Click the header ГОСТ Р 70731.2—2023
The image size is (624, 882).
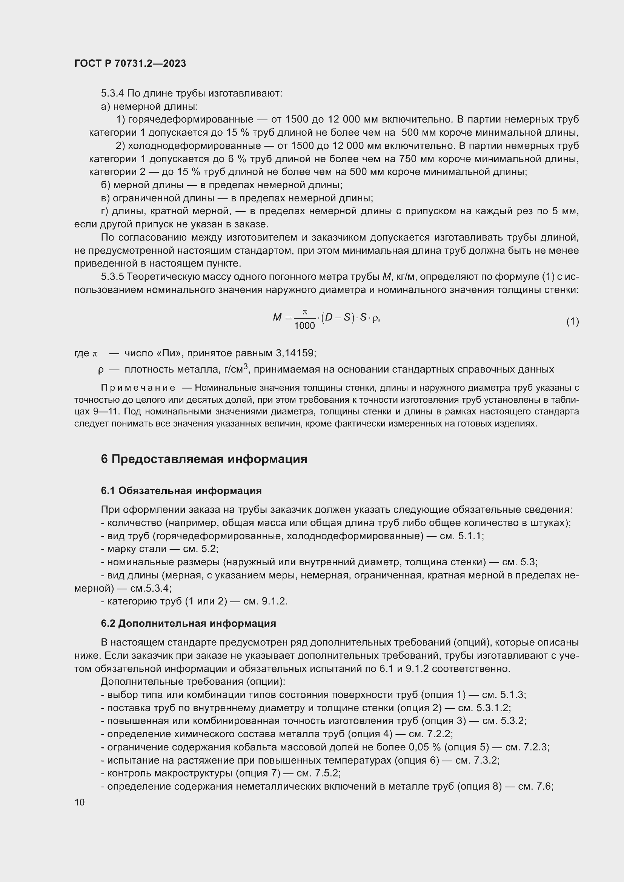click(x=130, y=63)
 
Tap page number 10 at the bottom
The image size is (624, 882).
click(x=80, y=802)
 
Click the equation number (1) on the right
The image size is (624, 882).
click(x=572, y=321)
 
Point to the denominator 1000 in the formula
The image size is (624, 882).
click(x=304, y=326)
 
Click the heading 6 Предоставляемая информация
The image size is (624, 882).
click(x=204, y=459)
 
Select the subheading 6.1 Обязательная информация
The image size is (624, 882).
click(x=181, y=491)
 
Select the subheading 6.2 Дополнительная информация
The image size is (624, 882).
click(x=188, y=623)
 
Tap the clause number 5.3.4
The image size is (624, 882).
click(x=112, y=94)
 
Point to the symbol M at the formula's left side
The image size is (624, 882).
click(x=277, y=317)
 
